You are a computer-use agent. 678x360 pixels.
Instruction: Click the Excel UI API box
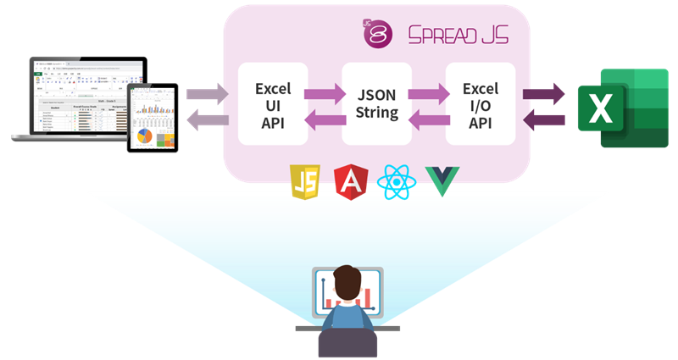tap(273, 102)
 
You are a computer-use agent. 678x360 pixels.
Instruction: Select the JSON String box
tap(376, 102)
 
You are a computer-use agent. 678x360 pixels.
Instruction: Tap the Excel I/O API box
tap(481, 102)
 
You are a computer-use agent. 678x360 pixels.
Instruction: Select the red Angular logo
tap(351, 181)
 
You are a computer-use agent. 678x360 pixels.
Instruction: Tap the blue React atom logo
tap(396, 181)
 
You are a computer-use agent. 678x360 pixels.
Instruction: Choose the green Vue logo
tap(441, 180)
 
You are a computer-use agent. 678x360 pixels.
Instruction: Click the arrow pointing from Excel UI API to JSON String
tap(324, 91)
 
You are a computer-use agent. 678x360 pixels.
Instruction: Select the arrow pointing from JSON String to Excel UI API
tap(324, 121)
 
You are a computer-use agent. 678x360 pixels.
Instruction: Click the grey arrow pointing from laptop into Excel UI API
tap(207, 91)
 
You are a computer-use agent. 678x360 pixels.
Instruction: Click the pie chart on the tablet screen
tap(144, 136)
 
